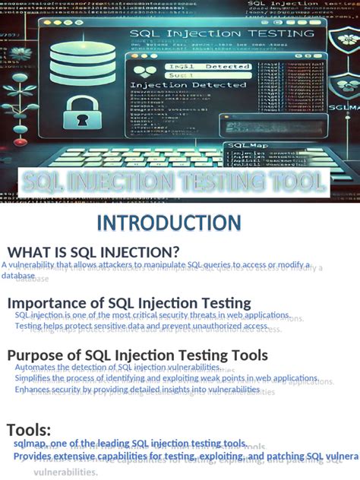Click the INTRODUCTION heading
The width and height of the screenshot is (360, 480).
[x=180, y=223]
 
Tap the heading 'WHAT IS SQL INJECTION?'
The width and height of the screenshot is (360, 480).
[x=93, y=252]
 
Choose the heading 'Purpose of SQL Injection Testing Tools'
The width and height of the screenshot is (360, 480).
[x=137, y=355]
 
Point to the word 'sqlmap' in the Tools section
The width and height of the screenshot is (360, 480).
[x=30, y=444]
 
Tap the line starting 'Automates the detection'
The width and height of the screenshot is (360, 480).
[x=117, y=368]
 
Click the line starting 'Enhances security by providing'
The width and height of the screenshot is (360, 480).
[x=137, y=390]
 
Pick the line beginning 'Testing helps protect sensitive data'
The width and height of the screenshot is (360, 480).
[x=141, y=326]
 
